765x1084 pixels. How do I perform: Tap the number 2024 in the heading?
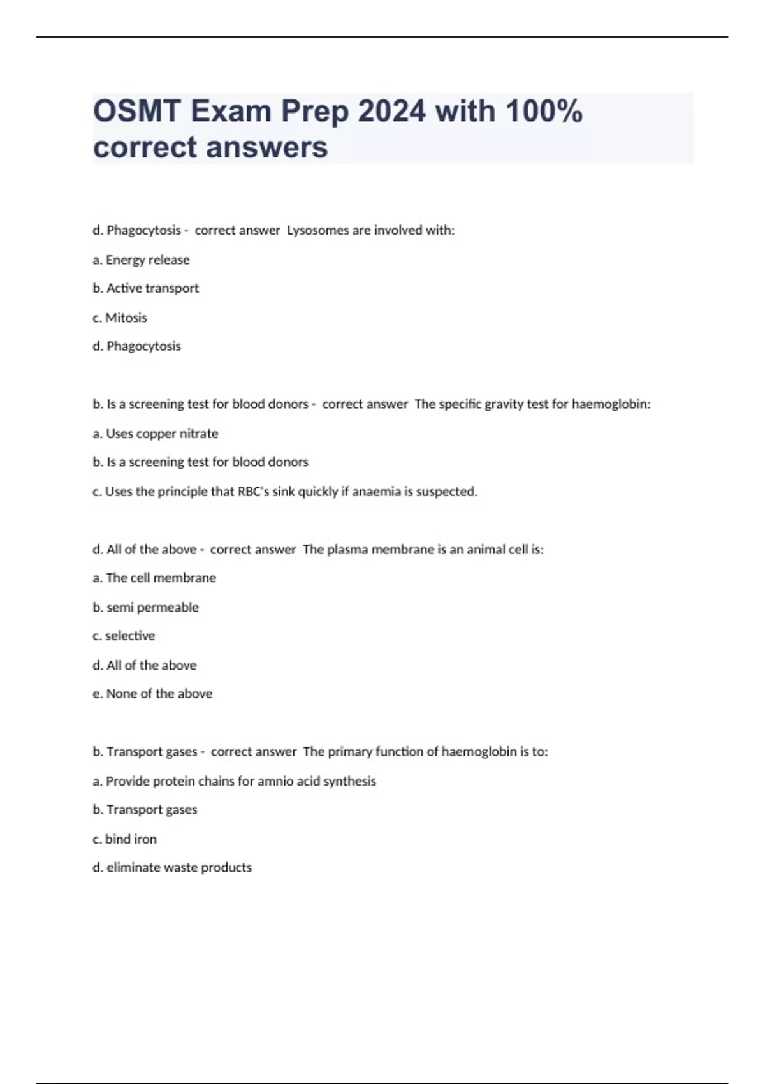click(x=391, y=112)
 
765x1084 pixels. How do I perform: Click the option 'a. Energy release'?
click(x=141, y=260)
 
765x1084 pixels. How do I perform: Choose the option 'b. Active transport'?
click(x=145, y=288)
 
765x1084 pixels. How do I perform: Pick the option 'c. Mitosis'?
click(x=120, y=318)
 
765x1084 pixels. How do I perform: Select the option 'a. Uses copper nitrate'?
click(x=156, y=434)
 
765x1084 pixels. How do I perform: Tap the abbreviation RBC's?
click(x=253, y=492)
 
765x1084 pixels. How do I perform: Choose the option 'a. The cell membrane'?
click(x=154, y=578)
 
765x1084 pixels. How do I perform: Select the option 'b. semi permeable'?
click(x=145, y=608)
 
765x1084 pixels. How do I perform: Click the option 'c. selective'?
click(x=124, y=636)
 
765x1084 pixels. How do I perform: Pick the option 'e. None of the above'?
click(x=152, y=694)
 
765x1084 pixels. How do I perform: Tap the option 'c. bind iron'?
click(x=124, y=839)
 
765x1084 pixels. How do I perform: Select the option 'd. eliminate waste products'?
click(x=172, y=868)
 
